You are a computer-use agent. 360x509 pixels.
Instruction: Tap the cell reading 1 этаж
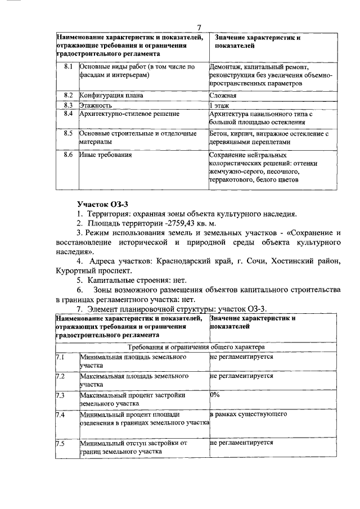coord(220,105)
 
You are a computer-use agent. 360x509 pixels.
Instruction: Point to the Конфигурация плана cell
coord(111,96)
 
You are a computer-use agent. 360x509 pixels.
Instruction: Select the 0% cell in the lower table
coord(214,395)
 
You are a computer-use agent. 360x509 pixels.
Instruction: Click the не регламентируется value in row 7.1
coord(241,357)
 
